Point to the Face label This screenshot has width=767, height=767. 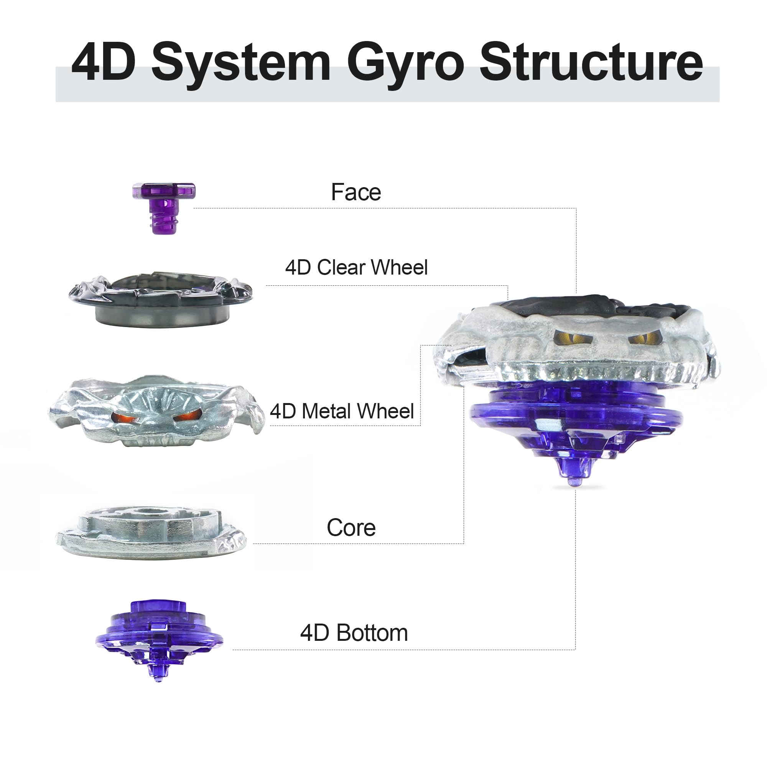(x=356, y=192)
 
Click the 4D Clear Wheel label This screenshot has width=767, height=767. (x=356, y=267)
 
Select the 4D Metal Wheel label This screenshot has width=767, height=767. (x=342, y=411)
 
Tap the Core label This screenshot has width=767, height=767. (x=351, y=528)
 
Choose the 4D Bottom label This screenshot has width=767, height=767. (x=354, y=633)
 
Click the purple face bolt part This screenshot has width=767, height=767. (x=164, y=207)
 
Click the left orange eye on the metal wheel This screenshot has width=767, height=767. (x=122, y=416)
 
